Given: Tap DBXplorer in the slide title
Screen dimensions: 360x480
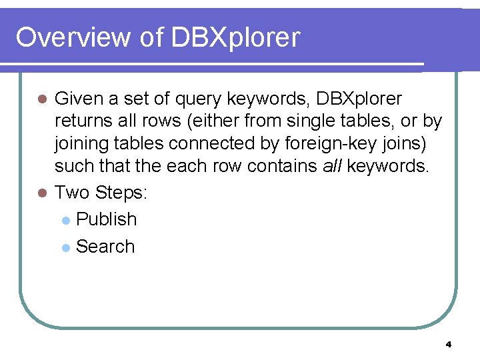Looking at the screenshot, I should pyautogui.click(x=235, y=38).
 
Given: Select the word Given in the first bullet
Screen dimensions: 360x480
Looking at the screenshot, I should pyautogui.click(x=79, y=99).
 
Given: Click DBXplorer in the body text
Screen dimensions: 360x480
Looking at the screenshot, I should pyautogui.click(x=359, y=100).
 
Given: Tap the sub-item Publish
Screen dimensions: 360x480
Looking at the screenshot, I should pyautogui.click(x=107, y=219).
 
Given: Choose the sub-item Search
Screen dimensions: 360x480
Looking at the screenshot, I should pyautogui.click(x=105, y=246).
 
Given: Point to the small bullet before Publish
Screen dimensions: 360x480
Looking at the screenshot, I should pyautogui.click(x=65, y=220).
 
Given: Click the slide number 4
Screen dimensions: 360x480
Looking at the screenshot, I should pyautogui.click(x=448, y=345).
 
